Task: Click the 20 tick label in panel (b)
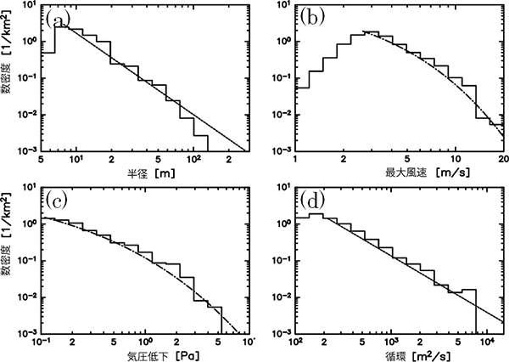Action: point(502,159)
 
